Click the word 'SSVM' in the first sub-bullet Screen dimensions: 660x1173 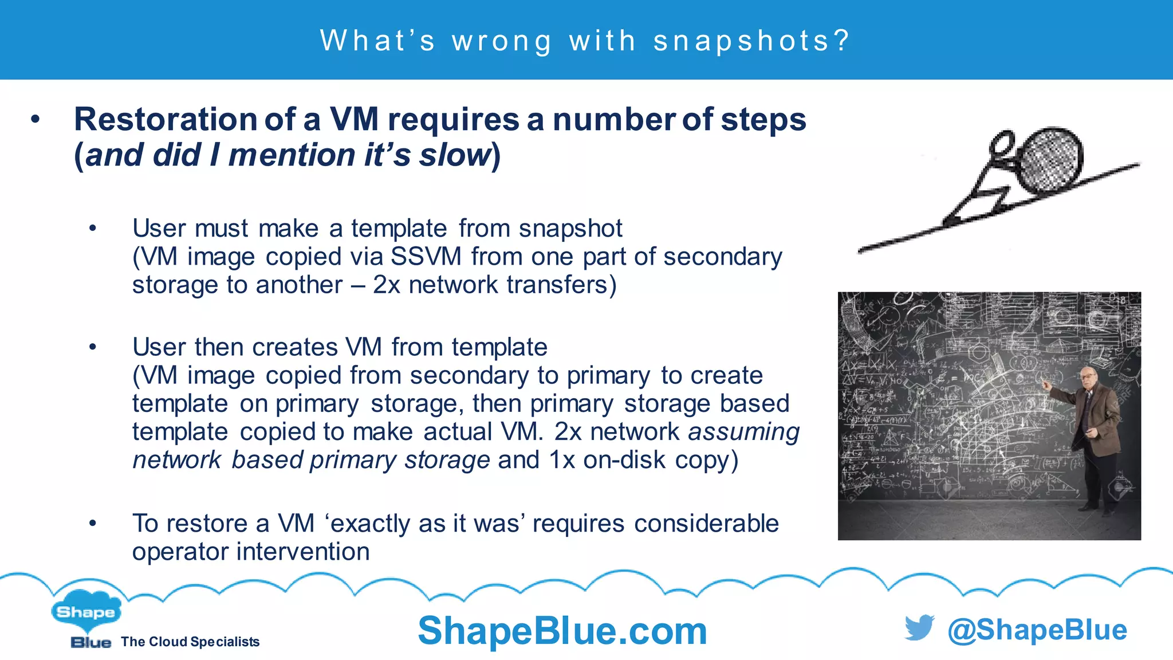coord(426,257)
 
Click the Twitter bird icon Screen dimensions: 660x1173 coord(919,628)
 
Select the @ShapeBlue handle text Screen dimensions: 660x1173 coord(1037,630)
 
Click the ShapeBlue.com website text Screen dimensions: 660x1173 coord(562,631)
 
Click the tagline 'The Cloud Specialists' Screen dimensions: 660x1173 coord(190,642)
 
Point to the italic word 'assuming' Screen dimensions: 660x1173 coord(743,432)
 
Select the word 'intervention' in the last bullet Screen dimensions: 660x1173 coord(303,552)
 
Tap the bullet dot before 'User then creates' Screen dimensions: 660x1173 coord(93,347)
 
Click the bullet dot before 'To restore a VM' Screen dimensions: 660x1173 coord(93,523)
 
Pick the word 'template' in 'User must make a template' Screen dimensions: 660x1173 coord(399,229)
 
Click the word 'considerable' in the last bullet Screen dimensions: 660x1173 coord(706,524)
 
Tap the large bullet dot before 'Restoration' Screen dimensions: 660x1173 coord(36,120)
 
